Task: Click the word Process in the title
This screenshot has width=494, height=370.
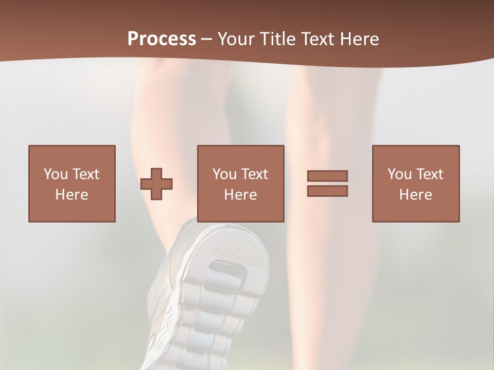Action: coord(162,39)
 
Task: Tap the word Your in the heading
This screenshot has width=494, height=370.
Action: coord(236,39)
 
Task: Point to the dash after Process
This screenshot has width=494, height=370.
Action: coord(206,39)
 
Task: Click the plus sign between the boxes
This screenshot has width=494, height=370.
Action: coord(156,184)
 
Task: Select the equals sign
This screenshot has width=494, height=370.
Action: coord(327,183)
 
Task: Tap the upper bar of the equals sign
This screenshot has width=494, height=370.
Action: coord(327,176)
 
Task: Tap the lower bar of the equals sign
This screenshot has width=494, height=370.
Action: coord(327,191)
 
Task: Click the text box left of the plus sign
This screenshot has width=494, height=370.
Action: coord(72,183)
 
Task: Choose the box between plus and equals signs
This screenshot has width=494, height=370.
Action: coord(241,183)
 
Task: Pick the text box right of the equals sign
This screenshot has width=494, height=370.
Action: coord(416,183)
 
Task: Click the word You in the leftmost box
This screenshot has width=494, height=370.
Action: coord(55,174)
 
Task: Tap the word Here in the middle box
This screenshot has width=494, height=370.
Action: coord(241,195)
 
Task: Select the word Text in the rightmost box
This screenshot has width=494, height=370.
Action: coord(429,174)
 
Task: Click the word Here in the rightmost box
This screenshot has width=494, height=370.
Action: coord(416,195)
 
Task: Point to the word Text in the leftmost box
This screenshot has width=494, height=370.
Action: coord(85,174)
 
